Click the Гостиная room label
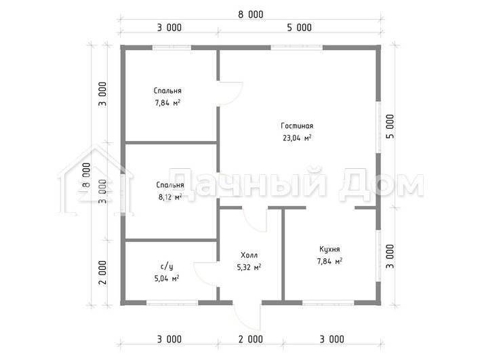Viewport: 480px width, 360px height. tap(297, 126)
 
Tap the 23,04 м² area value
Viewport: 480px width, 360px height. tap(297, 138)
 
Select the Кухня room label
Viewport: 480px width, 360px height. tap(329, 249)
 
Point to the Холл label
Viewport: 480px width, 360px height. tap(249, 255)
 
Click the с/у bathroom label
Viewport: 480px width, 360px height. tap(167, 266)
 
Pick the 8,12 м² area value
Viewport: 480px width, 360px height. tap(170, 197)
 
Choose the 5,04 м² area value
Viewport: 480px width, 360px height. tap(167, 279)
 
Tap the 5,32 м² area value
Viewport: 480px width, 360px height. tap(249, 267)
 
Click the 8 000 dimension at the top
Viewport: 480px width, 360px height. tap(251, 14)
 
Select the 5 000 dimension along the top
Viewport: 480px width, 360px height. tap(299, 28)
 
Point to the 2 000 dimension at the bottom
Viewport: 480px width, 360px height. tap(250, 339)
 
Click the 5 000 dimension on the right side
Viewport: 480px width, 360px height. tap(391, 126)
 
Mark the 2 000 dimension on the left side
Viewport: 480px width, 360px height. tap(102, 273)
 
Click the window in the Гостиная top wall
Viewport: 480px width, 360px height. tap(297, 47)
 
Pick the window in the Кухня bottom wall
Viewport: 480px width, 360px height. tap(328, 303)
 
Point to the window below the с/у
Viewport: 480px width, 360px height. tap(172, 303)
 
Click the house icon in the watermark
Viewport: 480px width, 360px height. tap(96, 181)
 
